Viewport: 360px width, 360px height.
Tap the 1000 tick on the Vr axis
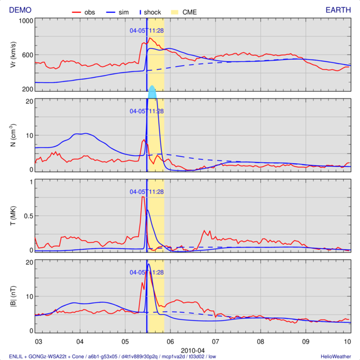(x=25, y=21)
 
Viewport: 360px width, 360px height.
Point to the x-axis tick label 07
(x=215, y=341)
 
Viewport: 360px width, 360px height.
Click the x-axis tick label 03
(x=38, y=341)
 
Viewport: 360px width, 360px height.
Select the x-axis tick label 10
(x=348, y=341)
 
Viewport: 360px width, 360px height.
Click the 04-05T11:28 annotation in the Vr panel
(x=147, y=30)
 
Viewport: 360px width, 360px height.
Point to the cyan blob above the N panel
(x=152, y=92)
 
